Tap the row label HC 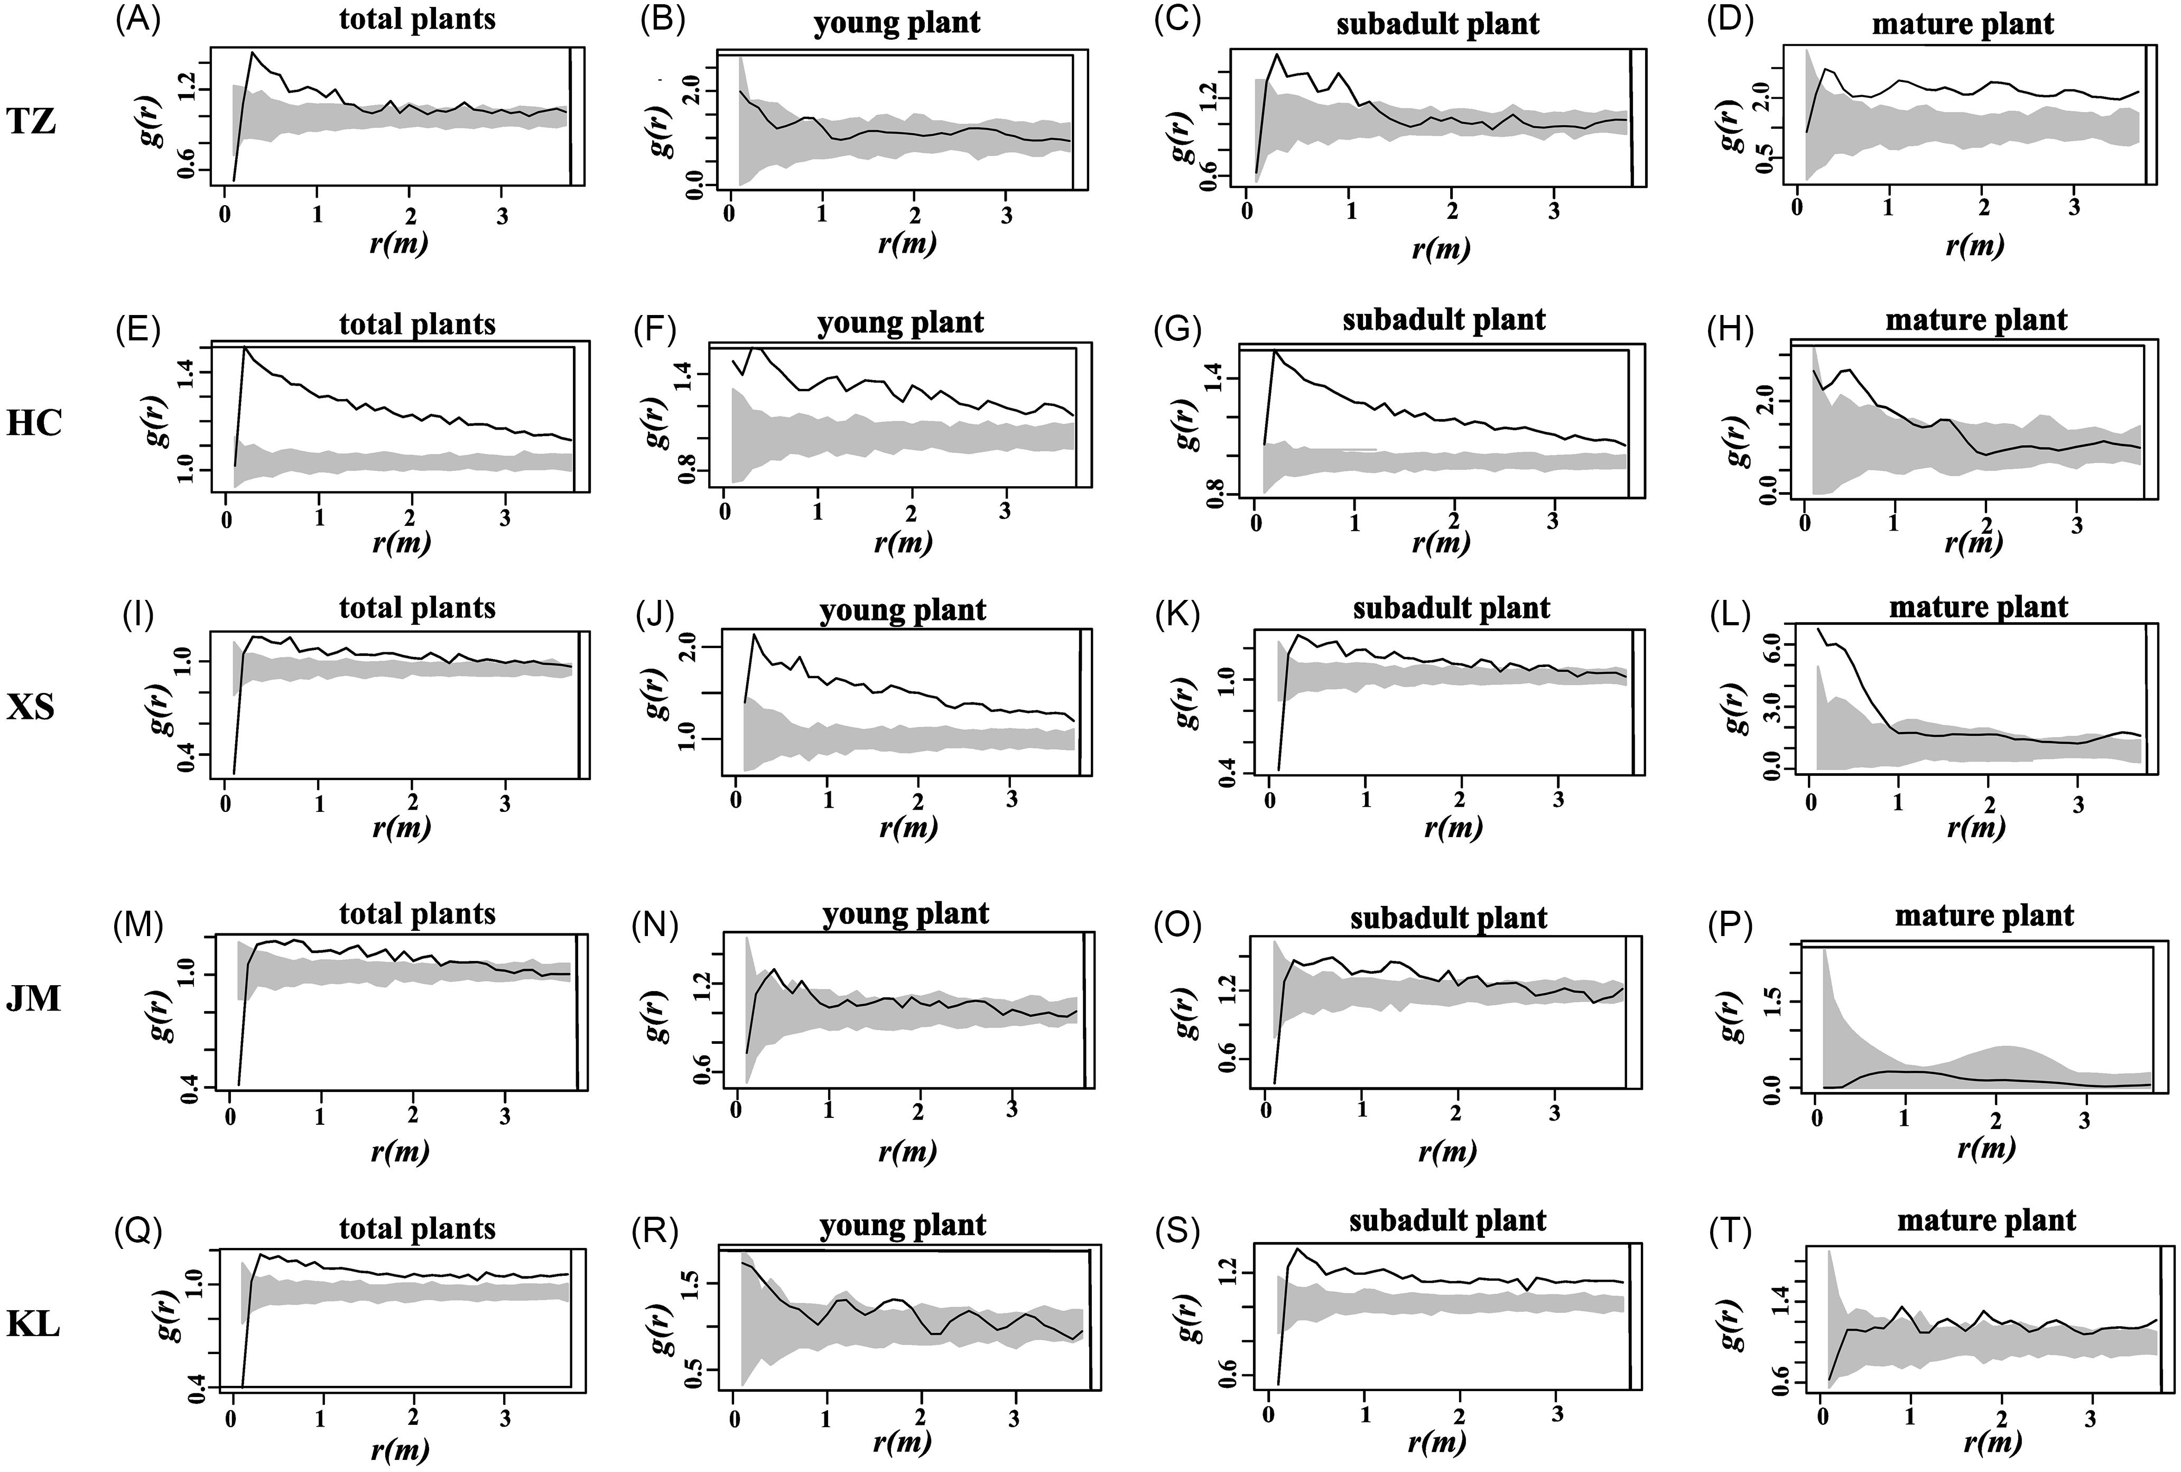tap(35, 423)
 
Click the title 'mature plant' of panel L tap(1978, 607)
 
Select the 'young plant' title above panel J tap(903, 611)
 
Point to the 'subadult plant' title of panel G tap(1444, 320)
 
